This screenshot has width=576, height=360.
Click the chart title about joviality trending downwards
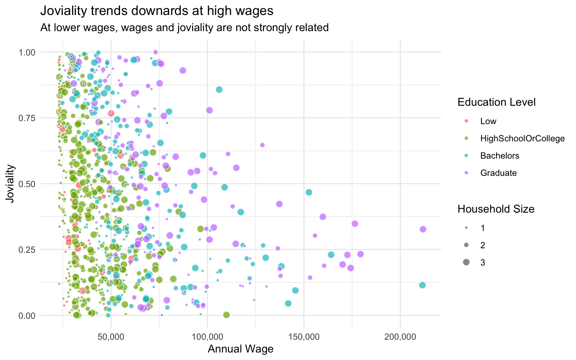click(157, 11)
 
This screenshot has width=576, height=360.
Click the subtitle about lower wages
click(184, 28)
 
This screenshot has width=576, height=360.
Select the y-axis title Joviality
click(11, 183)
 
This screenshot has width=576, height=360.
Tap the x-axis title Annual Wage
click(240, 349)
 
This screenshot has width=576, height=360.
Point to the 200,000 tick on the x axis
click(400, 337)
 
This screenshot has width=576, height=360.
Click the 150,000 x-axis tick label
click(304, 337)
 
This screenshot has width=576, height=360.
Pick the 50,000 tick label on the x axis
click(111, 337)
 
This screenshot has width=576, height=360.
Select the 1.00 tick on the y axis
click(28, 52)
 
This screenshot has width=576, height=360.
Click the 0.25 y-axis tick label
click(28, 250)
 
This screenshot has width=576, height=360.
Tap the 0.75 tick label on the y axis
click(28, 118)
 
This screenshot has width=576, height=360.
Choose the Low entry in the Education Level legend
click(488, 121)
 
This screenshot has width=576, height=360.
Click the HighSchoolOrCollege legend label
click(522, 138)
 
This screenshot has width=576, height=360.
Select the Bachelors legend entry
click(499, 156)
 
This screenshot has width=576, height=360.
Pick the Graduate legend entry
click(498, 173)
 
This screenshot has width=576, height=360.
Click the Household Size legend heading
click(496, 209)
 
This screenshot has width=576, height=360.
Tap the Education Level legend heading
click(496, 102)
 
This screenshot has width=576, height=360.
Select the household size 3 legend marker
click(466, 262)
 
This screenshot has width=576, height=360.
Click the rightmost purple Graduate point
click(423, 229)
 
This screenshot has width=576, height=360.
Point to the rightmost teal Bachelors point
click(422, 285)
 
